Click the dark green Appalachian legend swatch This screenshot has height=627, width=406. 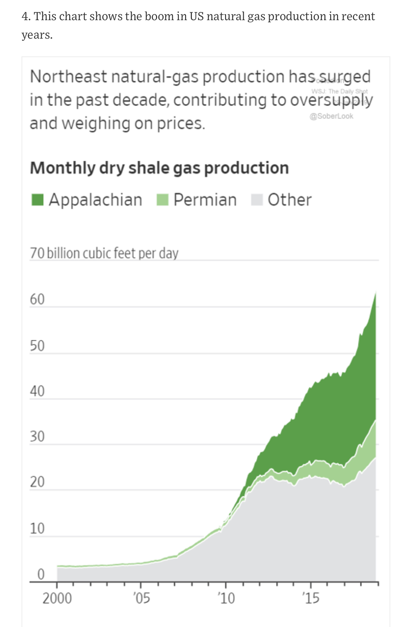pos(38,200)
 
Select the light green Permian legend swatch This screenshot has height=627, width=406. pos(163,200)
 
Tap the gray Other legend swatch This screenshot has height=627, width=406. pos(257,200)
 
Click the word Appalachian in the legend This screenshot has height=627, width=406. pos(95,200)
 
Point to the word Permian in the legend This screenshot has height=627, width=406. pos(205,200)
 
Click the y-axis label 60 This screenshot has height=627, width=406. pos(37,299)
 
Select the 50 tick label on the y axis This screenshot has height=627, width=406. pos(37,346)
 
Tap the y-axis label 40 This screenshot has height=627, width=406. pos(37,391)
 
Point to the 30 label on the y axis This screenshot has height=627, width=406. pos(37,437)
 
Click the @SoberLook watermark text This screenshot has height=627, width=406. pos(331,116)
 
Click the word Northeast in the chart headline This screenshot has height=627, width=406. pos(68,77)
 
